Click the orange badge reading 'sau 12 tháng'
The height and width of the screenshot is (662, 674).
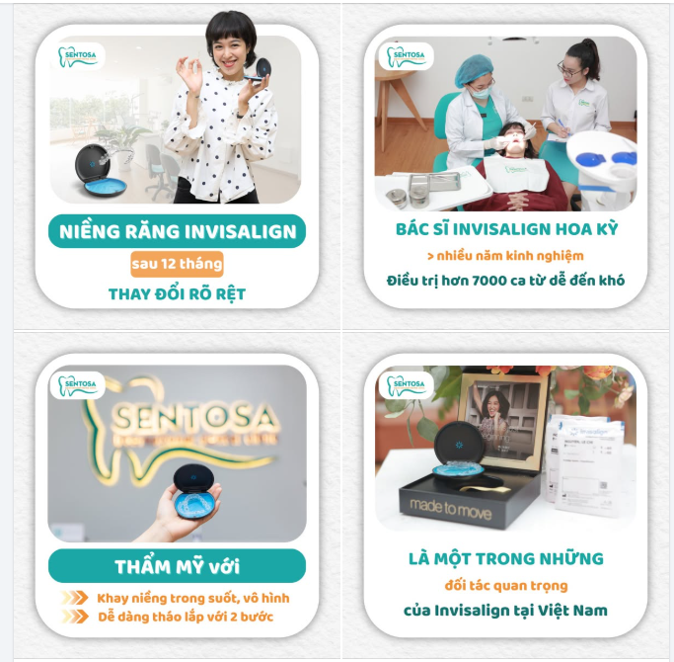click(178, 264)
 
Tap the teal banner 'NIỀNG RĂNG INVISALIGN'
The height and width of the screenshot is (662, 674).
click(178, 231)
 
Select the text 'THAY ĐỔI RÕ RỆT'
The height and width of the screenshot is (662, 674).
click(178, 293)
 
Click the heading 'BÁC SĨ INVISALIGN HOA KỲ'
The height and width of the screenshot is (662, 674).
click(505, 229)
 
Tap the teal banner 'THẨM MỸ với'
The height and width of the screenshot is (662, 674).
click(178, 566)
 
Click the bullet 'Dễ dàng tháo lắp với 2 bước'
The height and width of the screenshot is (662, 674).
click(185, 617)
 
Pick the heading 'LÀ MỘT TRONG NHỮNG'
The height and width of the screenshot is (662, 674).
click(505, 559)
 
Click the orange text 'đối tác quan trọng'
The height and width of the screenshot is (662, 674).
click(505, 585)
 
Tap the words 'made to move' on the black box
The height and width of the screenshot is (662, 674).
click(445, 503)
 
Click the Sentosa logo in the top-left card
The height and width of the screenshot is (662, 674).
click(79, 57)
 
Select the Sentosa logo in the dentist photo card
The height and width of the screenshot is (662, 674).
click(405, 56)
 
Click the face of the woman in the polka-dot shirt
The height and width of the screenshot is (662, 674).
click(228, 46)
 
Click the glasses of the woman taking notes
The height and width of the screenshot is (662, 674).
click(571, 69)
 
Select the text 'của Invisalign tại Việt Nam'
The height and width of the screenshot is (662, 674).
click(505, 610)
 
